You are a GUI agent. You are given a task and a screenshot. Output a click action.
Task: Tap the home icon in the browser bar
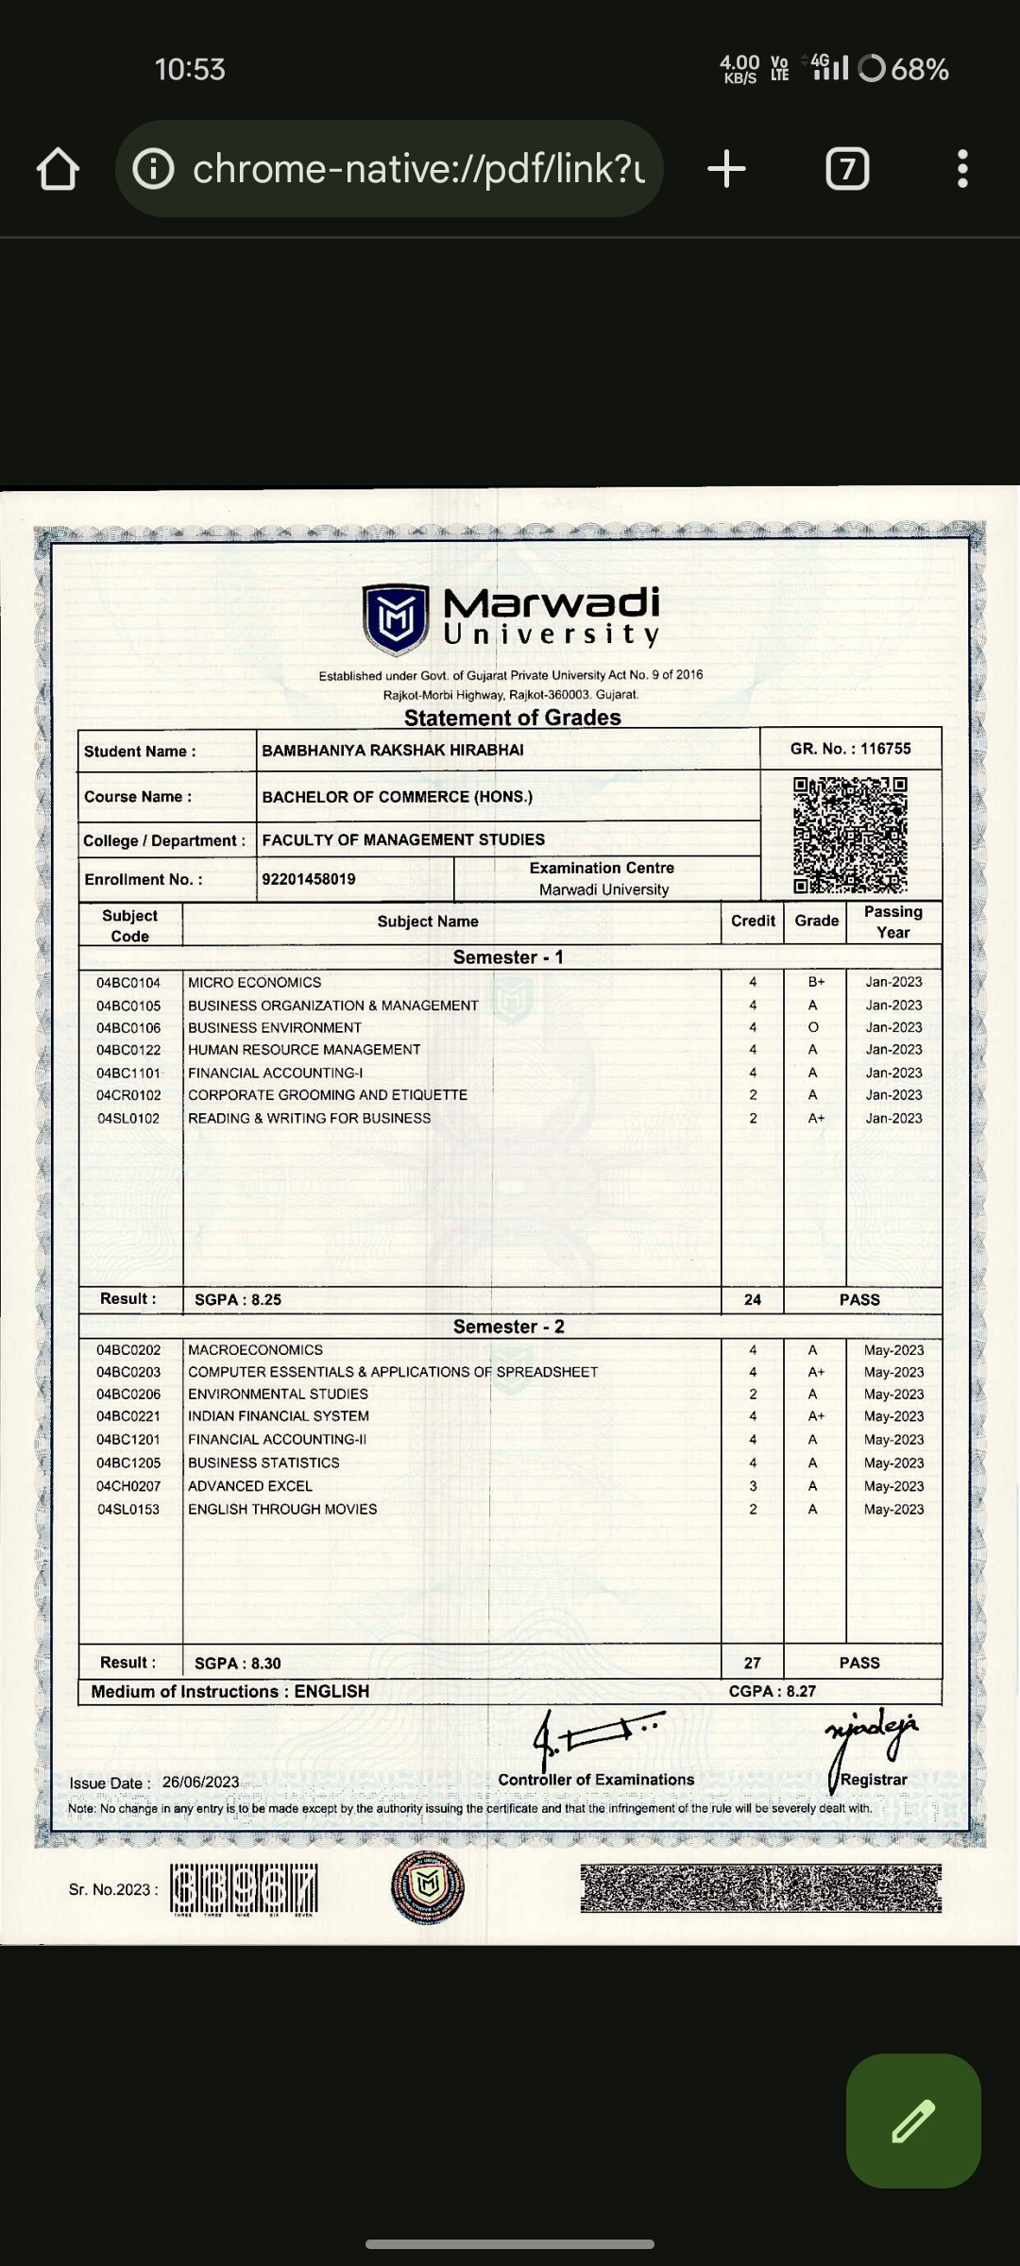click(x=58, y=169)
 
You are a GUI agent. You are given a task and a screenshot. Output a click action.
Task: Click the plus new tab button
click(x=726, y=169)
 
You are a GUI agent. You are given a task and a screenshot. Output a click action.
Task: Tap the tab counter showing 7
click(x=847, y=169)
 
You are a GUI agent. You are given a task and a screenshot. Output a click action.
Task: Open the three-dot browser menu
click(x=962, y=169)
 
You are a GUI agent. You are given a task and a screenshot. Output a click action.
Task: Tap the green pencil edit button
click(x=913, y=2121)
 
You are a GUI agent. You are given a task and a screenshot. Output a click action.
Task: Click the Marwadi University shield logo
click(x=396, y=618)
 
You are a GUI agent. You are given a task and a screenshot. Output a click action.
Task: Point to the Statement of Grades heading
click(x=512, y=718)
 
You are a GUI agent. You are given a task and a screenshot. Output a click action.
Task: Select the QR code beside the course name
click(x=850, y=835)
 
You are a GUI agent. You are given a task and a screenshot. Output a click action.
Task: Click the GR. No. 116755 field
click(x=850, y=749)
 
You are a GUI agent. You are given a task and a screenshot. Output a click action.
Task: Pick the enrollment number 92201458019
click(x=309, y=879)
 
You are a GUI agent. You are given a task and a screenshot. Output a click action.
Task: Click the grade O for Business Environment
click(x=813, y=1027)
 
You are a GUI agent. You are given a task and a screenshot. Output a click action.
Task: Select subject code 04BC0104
click(x=128, y=983)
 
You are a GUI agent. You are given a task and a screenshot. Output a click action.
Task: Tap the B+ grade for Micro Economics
click(x=816, y=983)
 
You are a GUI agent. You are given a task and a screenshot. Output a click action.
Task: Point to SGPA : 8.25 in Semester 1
click(x=238, y=1300)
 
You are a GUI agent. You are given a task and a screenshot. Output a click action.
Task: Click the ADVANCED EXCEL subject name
click(x=250, y=1486)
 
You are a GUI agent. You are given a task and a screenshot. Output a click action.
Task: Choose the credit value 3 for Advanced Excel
click(x=753, y=1486)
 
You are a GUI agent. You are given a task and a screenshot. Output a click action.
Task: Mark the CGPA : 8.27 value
click(x=772, y=1691)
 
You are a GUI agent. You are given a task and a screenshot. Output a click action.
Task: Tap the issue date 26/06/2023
click(x=200, y=1783)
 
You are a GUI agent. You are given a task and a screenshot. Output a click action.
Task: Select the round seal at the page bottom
click(x=428, y=1886)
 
